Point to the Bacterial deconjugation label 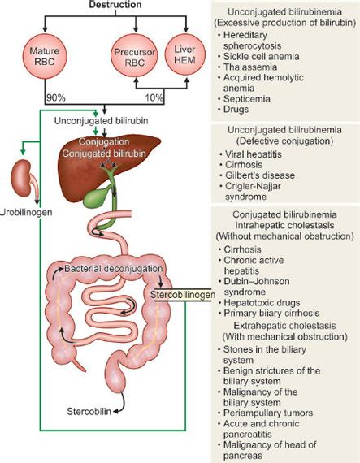click(x=110, y=267)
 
